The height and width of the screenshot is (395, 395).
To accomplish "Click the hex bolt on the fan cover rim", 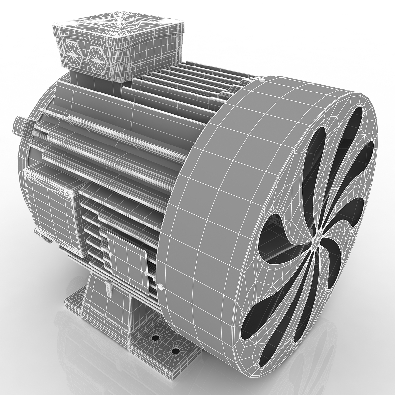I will point(160,287).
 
